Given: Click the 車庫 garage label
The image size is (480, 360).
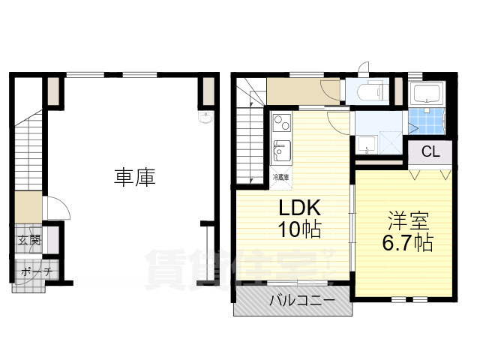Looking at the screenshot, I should click(135, 178).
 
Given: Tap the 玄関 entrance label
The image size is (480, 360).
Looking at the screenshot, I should click(29, 241).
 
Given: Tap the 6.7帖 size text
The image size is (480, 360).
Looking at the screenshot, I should click(407, 244).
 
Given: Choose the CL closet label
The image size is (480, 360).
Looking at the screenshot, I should click(430, 152).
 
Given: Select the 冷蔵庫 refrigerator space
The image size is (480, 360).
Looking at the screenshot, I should click(280, 177).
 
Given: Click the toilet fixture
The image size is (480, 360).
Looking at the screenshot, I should click(371, 92).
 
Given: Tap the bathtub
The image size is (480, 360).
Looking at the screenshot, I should click(427, 94).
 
